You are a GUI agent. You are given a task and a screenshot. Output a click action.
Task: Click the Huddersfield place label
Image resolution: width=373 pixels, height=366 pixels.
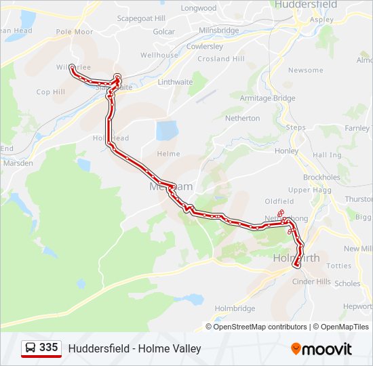(x=306, y=4)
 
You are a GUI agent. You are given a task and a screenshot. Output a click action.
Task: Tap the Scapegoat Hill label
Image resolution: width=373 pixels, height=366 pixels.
(x=141, y=18)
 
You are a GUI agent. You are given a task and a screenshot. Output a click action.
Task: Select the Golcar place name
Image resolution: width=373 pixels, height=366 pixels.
(x=163, y=31)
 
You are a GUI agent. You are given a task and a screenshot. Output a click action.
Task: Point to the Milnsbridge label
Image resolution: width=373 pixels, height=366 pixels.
(x=219, y=31)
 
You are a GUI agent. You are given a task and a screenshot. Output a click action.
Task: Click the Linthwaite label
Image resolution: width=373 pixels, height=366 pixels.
(x=175, y=82)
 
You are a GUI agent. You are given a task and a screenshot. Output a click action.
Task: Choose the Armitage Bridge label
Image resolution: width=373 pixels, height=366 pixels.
(x=267, y=98)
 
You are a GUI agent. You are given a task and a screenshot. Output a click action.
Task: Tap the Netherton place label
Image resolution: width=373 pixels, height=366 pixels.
(x=242, y=118)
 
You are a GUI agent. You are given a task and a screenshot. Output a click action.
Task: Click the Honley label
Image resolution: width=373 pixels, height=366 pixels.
(x=287, y=150)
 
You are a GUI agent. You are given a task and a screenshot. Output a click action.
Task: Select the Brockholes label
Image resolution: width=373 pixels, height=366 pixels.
(x=321, y=178)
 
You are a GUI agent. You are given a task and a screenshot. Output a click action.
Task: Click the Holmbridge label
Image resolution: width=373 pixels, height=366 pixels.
(x=235, y=308)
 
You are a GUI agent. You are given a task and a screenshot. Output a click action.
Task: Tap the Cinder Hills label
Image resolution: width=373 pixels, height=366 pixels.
(x=311, y=282)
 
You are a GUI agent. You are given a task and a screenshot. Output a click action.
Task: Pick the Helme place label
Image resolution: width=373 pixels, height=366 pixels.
(x=168, y=154)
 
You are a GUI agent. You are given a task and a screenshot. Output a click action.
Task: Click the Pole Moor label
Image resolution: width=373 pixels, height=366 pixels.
(x=75, y=32)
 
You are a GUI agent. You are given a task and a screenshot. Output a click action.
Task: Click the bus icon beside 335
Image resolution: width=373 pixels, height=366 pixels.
(x=31, y=348)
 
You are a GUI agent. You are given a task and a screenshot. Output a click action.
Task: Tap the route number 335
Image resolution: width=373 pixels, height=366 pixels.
(x=48, y=348)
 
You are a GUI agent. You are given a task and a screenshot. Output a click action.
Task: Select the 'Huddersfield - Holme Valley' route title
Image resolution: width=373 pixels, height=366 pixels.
(x=134, y=349)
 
